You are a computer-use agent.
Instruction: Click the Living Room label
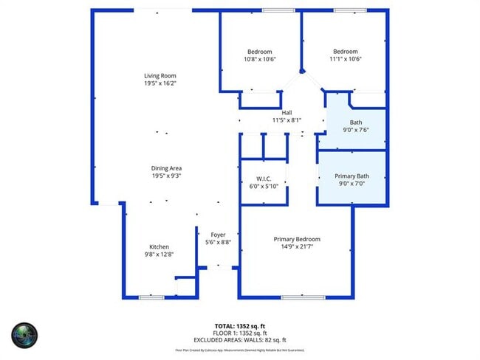[160, 75]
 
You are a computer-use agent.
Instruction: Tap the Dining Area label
[166, 168]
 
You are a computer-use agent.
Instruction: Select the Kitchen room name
[160, 246]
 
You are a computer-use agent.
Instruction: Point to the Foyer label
[218, 235]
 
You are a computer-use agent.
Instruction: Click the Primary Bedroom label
[297, 239]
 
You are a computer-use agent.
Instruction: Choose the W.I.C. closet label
[264, 179]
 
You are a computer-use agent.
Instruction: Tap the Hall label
[287, 112]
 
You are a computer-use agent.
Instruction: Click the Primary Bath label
[351, 176]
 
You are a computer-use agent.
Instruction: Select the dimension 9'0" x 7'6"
[356, 130]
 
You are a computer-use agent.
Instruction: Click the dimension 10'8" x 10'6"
[260, 59]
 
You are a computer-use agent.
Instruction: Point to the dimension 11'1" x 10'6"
[345, 59]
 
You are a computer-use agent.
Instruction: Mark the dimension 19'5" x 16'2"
[160, 83]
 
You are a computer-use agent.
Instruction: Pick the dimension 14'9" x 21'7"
[297, 247]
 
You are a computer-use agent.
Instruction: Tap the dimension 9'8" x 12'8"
[160, 255]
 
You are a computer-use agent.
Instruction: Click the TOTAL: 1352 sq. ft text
[240, 325]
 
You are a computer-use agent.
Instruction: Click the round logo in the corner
[24, 334]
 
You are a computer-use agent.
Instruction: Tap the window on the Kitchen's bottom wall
[151, 297]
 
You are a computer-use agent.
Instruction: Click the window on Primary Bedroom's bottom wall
[302, 297]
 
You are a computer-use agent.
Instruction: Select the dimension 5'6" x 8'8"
[218, 243]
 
